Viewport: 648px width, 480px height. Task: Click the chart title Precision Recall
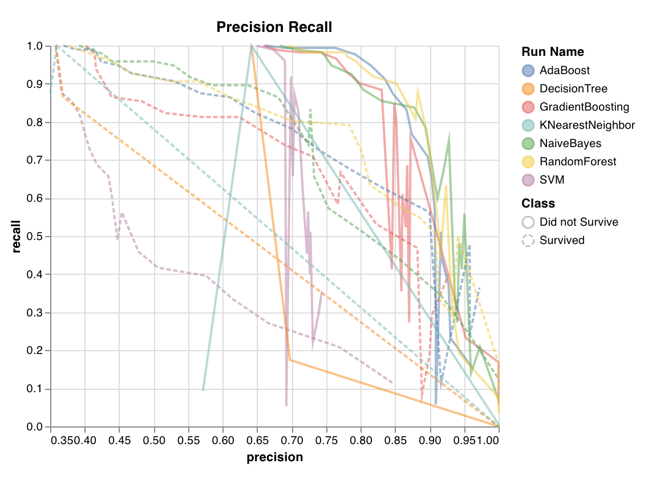[274, 27]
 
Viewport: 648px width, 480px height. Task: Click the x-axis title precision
[274, 457]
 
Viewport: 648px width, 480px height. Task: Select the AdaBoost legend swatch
[528, 71]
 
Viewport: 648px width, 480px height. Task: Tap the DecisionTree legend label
[573, 89]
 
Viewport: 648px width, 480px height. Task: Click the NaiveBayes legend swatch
[528, 144]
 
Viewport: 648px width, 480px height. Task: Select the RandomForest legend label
[578, 162]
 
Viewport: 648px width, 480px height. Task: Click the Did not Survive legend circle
[528, 222]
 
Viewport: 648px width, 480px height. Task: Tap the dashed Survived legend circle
[528, 241]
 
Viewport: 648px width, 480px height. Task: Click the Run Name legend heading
[552, 52]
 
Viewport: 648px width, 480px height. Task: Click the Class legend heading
[538, 204]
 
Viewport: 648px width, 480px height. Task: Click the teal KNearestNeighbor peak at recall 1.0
[251, 46]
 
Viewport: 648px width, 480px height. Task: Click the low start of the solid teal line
[203, 390]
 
